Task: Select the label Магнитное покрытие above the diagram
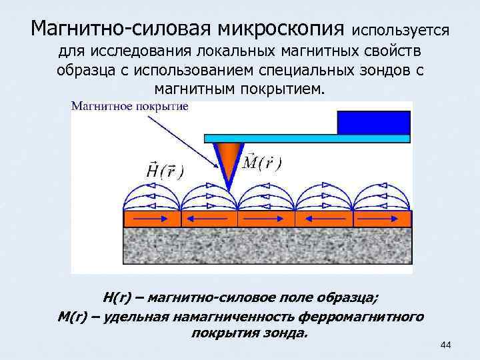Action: pos(130,106)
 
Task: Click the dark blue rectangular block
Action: pos(373,122)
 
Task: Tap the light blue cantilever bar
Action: pos(306,138)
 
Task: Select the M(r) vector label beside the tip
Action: pos(262,162)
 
